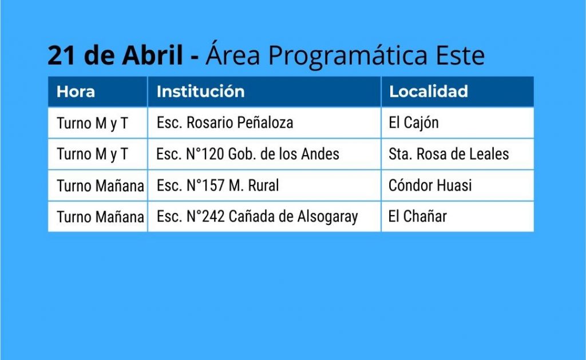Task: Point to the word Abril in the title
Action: tap(152, 55)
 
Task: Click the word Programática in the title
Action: tap(348, 56)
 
